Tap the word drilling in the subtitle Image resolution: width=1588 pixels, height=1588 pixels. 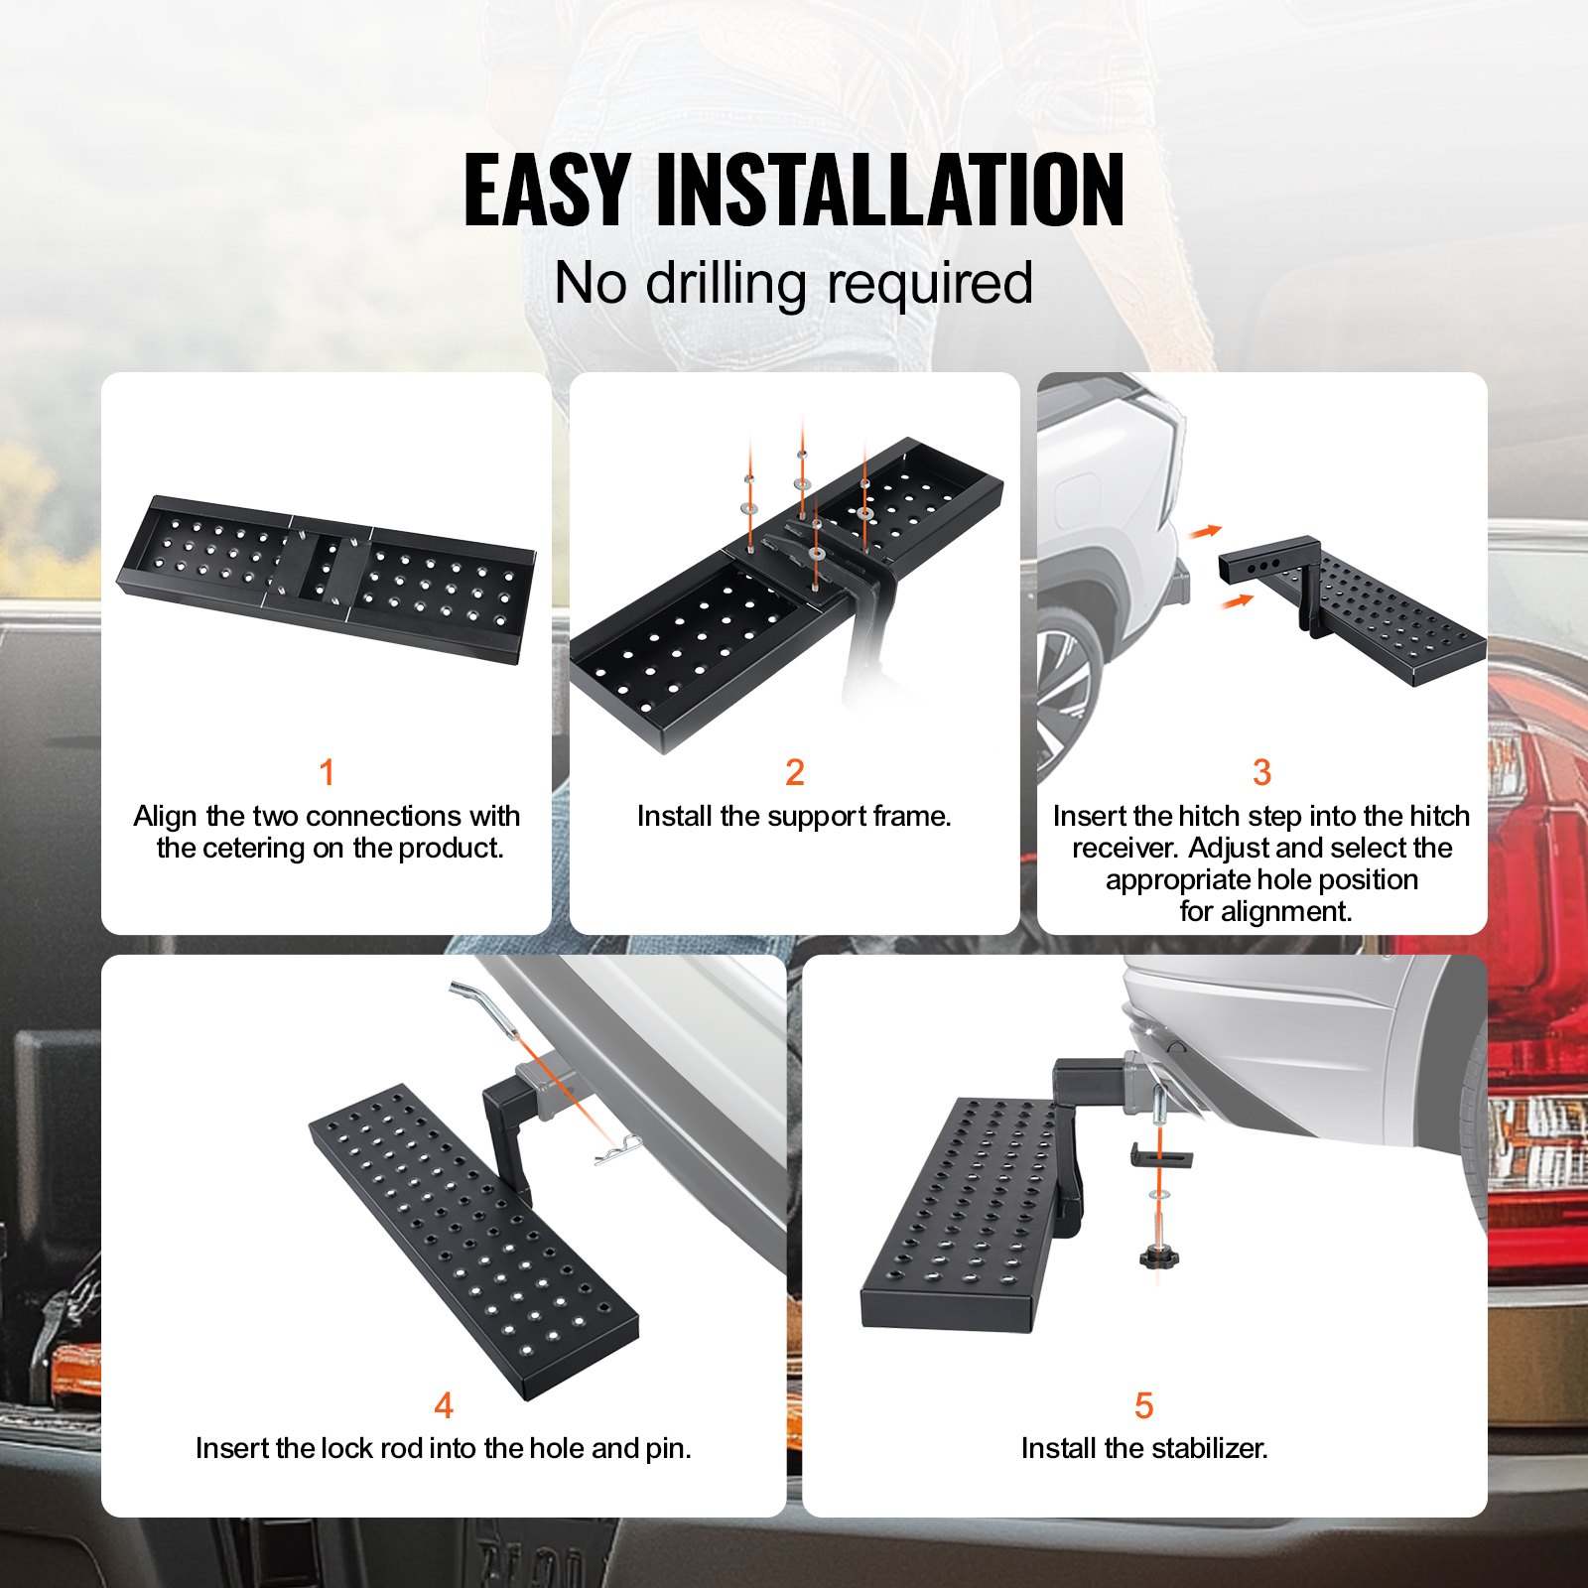(726, 284)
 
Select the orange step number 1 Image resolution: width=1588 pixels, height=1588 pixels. (327, 772)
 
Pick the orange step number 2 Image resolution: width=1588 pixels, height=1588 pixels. (794, 772)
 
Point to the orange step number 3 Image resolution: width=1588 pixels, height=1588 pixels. (1261, 772)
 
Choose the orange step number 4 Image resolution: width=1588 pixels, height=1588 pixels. (444, 1405)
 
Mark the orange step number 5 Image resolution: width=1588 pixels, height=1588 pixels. (1143, 1405)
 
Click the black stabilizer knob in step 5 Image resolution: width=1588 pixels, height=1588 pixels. (1158, 1257)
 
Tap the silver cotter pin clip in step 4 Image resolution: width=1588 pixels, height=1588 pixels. (616, 1152)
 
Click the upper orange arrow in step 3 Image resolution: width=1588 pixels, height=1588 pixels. (1205, 532)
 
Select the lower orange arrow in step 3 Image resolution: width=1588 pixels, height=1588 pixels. (1237, 600)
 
